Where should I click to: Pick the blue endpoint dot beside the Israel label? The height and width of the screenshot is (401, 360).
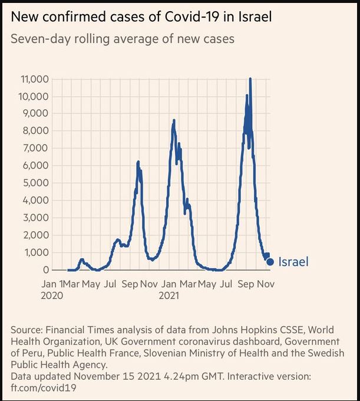click(x=270, y=262)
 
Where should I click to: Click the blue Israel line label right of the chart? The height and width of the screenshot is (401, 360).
click(x=293, y=262)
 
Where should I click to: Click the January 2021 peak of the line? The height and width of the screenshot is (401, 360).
click(x=174, y=120)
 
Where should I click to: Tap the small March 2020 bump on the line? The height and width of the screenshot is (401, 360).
click(x=81, y=259)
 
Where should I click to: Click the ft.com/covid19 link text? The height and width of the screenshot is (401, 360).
click(x=43, y=389)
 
